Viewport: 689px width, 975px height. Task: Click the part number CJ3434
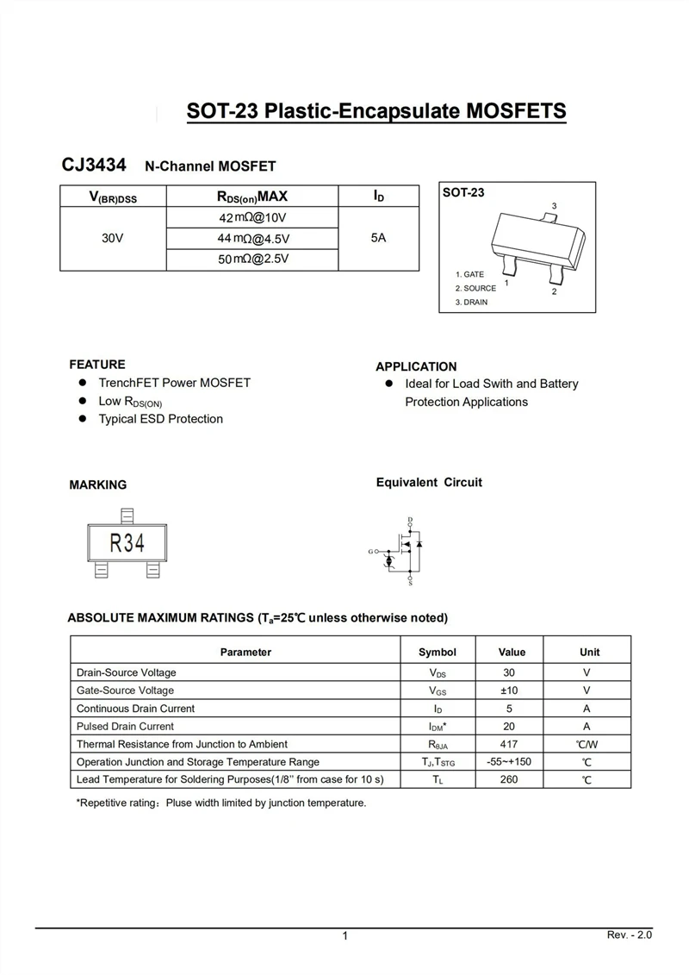pos(94,164)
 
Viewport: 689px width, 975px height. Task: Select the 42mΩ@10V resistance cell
pos(252,217)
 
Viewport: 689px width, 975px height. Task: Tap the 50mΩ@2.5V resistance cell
pos(253,259)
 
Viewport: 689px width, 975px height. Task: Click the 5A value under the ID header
pos(379,238)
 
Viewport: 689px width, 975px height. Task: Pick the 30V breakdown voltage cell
pos(113,238)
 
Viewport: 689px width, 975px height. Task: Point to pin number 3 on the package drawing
pos(554,205)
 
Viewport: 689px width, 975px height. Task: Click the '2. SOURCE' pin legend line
pos(476,288)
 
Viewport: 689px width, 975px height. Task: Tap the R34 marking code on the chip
pos(126,543)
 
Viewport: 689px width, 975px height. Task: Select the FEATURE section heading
pos(97,365)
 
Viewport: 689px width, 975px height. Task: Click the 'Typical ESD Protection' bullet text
pos(160,419)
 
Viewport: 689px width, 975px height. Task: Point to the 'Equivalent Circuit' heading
pos(429,483)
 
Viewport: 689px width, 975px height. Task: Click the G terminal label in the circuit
pos(370,551)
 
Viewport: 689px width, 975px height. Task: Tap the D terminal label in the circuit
pos(410,519)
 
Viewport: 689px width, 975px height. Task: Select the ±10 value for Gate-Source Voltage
pos(509,691)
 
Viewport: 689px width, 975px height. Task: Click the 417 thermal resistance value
pos(509,744)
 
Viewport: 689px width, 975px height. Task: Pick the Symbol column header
pos(438,652)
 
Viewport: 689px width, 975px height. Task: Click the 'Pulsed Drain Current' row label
pos(125,726)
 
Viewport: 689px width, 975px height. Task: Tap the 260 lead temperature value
pos(509,779)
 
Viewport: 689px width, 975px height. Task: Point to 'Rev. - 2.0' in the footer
pos(630,935)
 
